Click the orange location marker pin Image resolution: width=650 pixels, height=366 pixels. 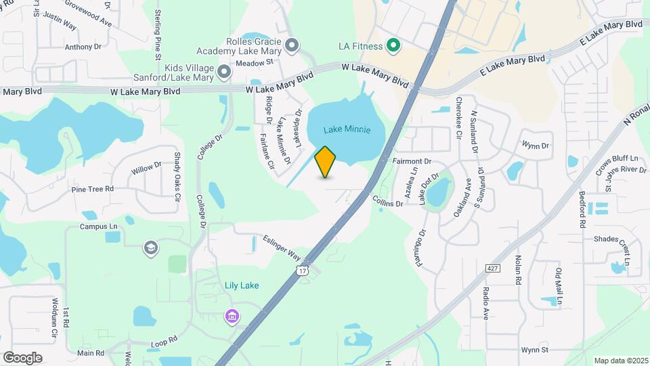click(326, 162)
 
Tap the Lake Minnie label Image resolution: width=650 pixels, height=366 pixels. click(347, 130)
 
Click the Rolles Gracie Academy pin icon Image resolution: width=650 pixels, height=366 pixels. click(292, 45)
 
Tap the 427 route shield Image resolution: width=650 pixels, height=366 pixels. click(493, 268)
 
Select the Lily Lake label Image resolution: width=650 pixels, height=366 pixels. click(242, 285)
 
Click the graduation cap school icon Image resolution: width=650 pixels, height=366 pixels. click(151, 249)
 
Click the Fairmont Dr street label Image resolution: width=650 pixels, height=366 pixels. click(412, 162)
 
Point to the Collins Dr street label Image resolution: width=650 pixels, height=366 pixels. click(387, 201)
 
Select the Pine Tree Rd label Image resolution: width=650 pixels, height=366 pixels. click(92, 188)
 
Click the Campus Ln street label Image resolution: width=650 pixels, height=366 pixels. click(99, 227)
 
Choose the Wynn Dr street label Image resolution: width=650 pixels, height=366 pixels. click(535, 145)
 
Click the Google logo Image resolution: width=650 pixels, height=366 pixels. click(22, 357)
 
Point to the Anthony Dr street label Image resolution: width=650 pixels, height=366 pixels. click(83, 47)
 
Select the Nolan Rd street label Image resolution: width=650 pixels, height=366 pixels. click(519, 269)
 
